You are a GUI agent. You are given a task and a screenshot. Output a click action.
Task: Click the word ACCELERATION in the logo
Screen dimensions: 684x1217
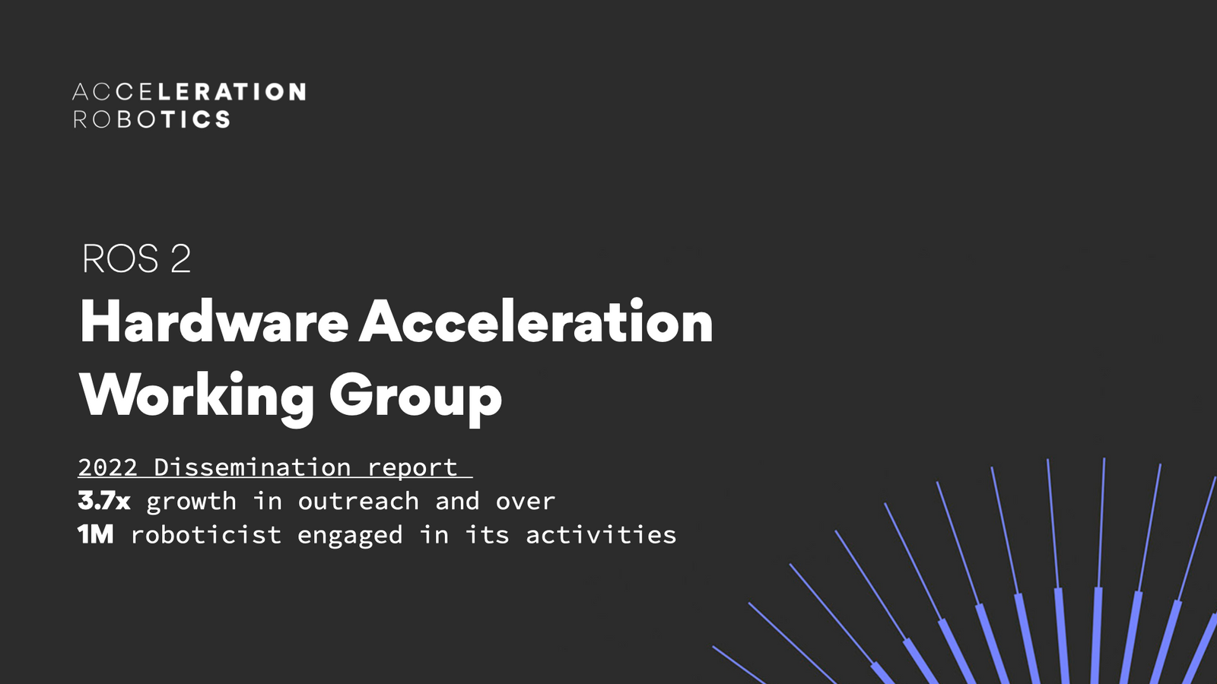[x=189, y=92]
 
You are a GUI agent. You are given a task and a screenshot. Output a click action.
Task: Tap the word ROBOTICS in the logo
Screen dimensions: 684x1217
[x=151, y=119]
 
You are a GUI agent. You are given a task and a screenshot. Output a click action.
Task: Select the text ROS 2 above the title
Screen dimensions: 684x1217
[x=136, y=259]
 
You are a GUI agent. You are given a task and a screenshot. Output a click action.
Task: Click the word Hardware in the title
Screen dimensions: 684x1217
[x=214, y=322]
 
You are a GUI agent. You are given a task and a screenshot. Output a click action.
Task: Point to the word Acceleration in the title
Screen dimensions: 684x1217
[x=536, y=322]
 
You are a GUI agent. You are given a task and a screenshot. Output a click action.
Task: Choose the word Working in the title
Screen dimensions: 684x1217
[x=196, y=395]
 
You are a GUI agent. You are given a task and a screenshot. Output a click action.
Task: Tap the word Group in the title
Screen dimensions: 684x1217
[x=415, y=395]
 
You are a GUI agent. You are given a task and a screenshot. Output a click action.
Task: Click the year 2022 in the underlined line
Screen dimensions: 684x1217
[x=107, y=467]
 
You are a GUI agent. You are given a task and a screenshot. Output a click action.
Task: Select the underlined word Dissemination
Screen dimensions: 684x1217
[x=252, y=467]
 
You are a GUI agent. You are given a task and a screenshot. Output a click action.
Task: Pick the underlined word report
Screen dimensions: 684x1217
[x=411, y=467]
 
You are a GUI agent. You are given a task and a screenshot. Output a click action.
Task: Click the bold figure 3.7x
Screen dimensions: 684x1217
[x=104, y=501]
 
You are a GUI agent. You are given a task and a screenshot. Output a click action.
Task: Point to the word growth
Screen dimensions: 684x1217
[x=191, y=501]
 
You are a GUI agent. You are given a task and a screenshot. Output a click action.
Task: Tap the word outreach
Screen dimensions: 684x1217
[x=358, y=501]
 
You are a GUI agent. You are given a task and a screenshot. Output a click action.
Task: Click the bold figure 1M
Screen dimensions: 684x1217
[x=96, y=535]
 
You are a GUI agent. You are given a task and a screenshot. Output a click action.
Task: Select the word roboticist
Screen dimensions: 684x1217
[x=205, y=535]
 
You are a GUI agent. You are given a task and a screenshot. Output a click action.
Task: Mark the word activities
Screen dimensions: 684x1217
[x=601, y=535]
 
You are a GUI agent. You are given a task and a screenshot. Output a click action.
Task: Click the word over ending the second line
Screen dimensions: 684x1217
[x=525, y=501]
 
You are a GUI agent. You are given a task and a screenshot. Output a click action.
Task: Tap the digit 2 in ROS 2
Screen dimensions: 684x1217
[x=181, y=259]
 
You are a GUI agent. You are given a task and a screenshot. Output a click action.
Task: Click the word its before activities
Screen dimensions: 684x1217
[x=487, y=535]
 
